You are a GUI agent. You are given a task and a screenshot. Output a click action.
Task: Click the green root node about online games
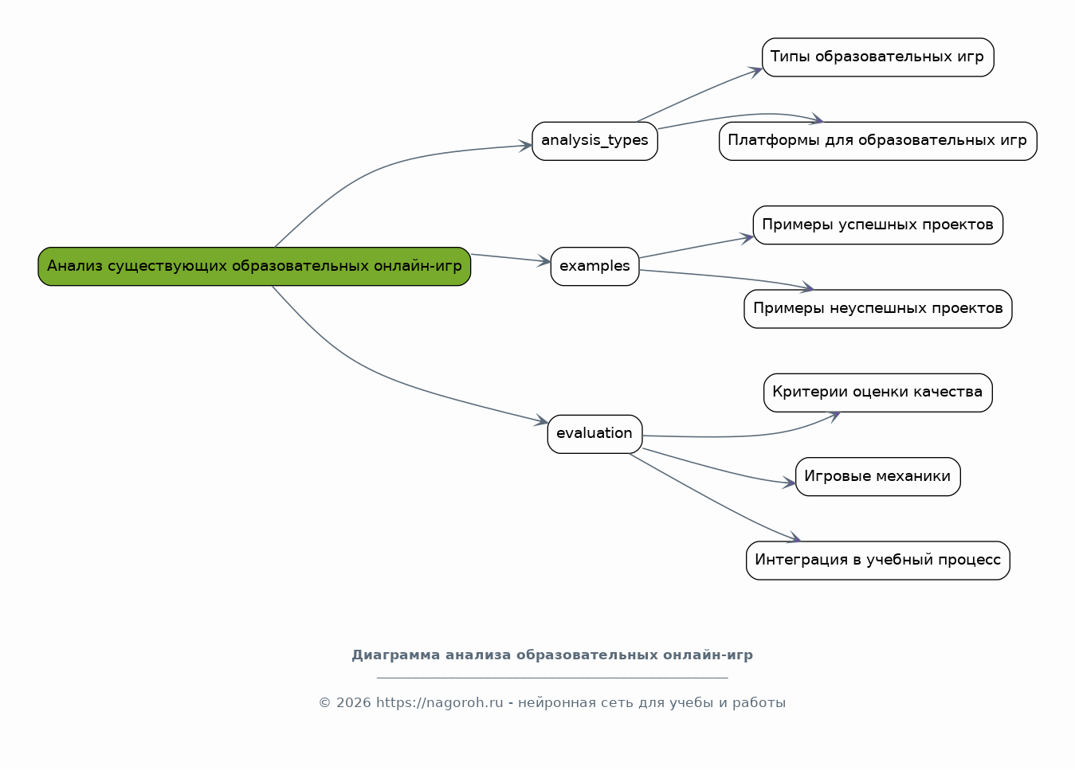(254, 266)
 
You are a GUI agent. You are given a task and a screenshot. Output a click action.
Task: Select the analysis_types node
(594, 141)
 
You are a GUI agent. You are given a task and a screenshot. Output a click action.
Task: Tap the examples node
(594, 266)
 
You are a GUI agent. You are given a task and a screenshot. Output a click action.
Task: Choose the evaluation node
(594, 434)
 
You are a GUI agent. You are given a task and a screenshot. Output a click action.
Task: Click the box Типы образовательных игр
(877, 57)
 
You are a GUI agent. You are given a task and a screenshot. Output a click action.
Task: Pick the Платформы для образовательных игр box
(877, 141)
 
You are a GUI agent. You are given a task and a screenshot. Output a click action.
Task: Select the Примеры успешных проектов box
(877, 225)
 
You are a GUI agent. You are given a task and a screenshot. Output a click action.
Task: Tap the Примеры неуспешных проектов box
(877, 308)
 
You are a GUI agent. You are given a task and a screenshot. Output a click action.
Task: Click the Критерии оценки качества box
(877, 393)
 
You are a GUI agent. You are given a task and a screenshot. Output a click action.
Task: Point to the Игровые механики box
(877, 476)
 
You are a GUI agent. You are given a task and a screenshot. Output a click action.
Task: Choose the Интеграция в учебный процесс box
(877, 560)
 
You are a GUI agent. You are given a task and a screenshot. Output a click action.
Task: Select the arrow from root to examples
(510, 258)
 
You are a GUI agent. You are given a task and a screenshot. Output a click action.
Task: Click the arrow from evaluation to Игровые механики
(717, 470)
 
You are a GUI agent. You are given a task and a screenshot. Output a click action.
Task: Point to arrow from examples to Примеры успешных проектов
(697, 247)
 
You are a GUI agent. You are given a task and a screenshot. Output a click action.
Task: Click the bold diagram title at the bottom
(551, 655)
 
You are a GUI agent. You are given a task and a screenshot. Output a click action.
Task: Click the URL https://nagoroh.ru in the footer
(439, 702)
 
